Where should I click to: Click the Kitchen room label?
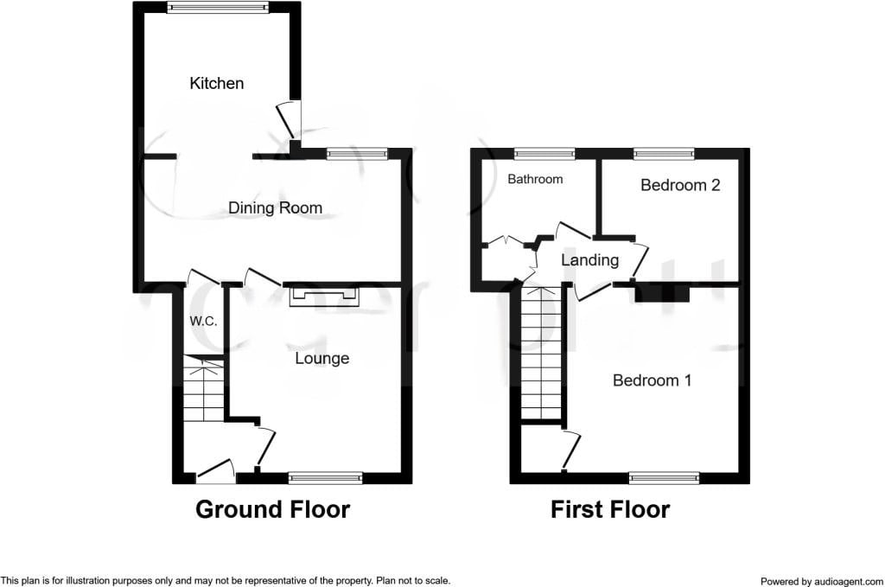point(217,84)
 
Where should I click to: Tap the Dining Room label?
point(275,207)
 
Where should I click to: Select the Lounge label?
point(322,359)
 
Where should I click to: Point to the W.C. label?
point(203,321)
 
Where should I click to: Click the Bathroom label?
point(535,179)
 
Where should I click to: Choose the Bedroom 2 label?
point(680,185)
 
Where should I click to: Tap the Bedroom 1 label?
point(652,380)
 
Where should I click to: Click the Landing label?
point(589,260)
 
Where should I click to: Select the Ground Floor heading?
point(272,509)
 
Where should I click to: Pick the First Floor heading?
point(610,509)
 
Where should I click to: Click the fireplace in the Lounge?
point(324,296)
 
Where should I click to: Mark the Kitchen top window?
point(217,7)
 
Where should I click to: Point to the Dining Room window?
point(357,153)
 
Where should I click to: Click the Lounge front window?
point(325,478)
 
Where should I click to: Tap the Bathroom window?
point(544,153)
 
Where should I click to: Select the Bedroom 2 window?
point(664,153)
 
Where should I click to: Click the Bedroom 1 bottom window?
point(665,478)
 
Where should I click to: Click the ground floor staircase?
point(204,389)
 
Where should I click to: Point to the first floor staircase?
point(541,353)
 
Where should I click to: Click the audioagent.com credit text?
point(822,581)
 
